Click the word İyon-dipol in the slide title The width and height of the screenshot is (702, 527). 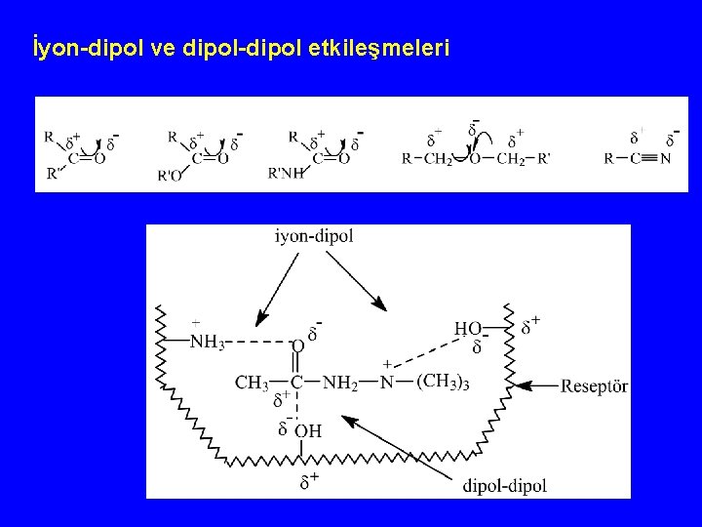pyautogui.click(x=88, y=48)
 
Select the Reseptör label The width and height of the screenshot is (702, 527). pyautogui.click(x=594, y=387)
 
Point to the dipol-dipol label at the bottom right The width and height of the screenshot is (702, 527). pyautogui.click(x=505, y=485)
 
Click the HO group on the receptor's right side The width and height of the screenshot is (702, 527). pyautogui.click(x=468, y=330)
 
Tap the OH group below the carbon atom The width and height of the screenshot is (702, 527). pyautogui.click(x=307, y=430)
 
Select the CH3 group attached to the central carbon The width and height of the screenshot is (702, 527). pyautogui.click(x=252, y=384)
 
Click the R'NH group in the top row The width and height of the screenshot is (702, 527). pyautogui.click(x=286, y=174)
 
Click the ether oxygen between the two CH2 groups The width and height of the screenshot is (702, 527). pyautogui.click(x=475, y=158)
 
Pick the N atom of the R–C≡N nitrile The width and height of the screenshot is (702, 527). pyautogui.click(x=665, y=158)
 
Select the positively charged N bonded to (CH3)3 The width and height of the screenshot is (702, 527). pyautogui.click(x=387, y=382)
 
